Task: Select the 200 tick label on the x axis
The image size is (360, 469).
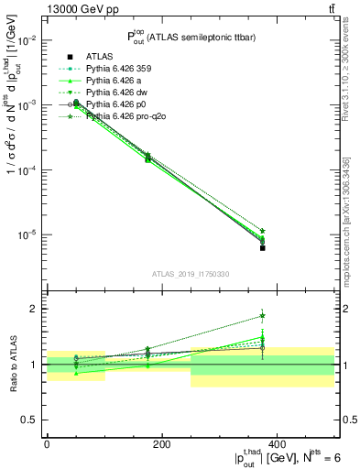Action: coord(161,445)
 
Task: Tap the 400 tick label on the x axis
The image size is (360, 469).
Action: coord(276,445)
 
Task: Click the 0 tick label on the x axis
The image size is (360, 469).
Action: coord(47,445)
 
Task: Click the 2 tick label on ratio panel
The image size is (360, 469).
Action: coord(34,309)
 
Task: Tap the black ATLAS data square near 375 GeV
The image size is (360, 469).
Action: coord(262,247)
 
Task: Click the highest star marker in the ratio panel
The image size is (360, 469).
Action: coord(262,316)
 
